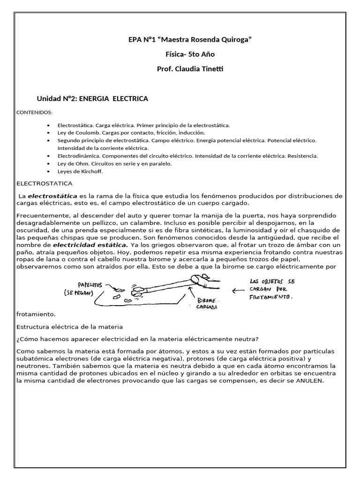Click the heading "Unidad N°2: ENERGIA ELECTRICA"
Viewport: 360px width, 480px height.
[x=92, y=99]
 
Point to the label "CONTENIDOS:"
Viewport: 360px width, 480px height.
[x=35, y=113]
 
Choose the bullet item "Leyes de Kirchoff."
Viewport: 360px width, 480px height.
[x=79, y=171]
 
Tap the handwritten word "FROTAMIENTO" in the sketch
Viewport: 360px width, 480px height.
[x=270, y=298]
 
